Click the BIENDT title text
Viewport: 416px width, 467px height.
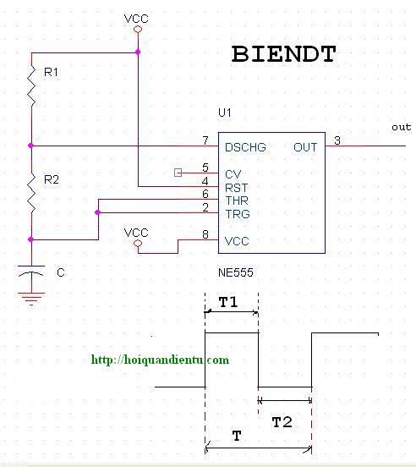pos(283,54)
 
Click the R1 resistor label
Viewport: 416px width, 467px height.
pos(51,72)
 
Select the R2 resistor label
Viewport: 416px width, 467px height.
pos(52,179)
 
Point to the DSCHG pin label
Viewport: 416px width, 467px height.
pos(245,147)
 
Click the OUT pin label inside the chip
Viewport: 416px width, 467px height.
pos(305,147)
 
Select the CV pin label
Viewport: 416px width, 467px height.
pos(233,174)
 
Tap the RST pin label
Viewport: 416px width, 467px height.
pos(236,188)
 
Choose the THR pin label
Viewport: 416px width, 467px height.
pos(237,201)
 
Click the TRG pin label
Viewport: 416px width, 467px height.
pos(238,214)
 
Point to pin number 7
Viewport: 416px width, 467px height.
pos(205,140)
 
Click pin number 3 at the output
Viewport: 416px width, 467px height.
pos(337,140)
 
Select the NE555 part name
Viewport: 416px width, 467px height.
pos(236,272)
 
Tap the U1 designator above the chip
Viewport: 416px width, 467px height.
pos(225,113)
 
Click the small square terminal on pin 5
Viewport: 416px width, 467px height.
pos(178,173)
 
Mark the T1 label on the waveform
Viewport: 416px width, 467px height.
pos(228,302)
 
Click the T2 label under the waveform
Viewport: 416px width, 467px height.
pos(282,422)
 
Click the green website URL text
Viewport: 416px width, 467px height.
pos(160,360)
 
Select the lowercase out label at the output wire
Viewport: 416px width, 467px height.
pos(402,127)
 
